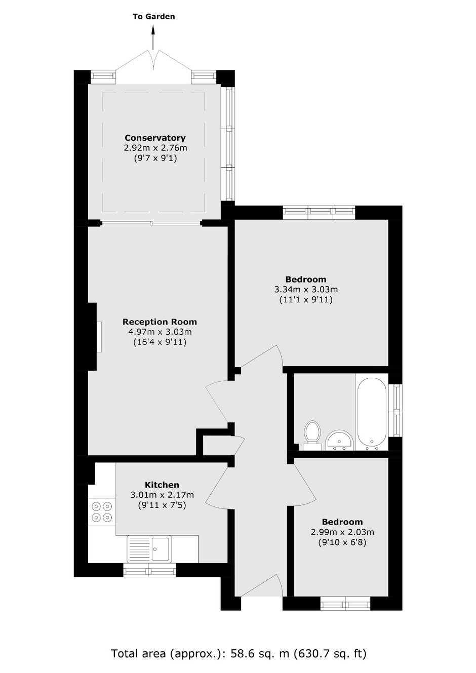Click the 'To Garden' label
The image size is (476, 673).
pos(154,17)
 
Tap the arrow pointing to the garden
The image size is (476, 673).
pos(153,37)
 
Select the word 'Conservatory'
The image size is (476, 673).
pos(155,138)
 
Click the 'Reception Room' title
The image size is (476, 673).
pos(160,322)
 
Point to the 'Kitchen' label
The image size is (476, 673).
pos(162,485)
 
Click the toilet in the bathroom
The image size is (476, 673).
pos(312,435)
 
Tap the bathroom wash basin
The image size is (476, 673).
pos(340,440)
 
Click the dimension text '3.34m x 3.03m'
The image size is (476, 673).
pos(306,290)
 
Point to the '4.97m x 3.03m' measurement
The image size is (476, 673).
pos(160,332)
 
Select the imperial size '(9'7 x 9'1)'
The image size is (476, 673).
pos(155,158)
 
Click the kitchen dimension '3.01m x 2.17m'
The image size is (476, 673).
pos(162,495)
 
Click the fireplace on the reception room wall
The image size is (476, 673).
pos(99,336)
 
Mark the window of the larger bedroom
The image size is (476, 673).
pos(319,212)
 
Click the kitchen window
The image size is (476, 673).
pos(150,570)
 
